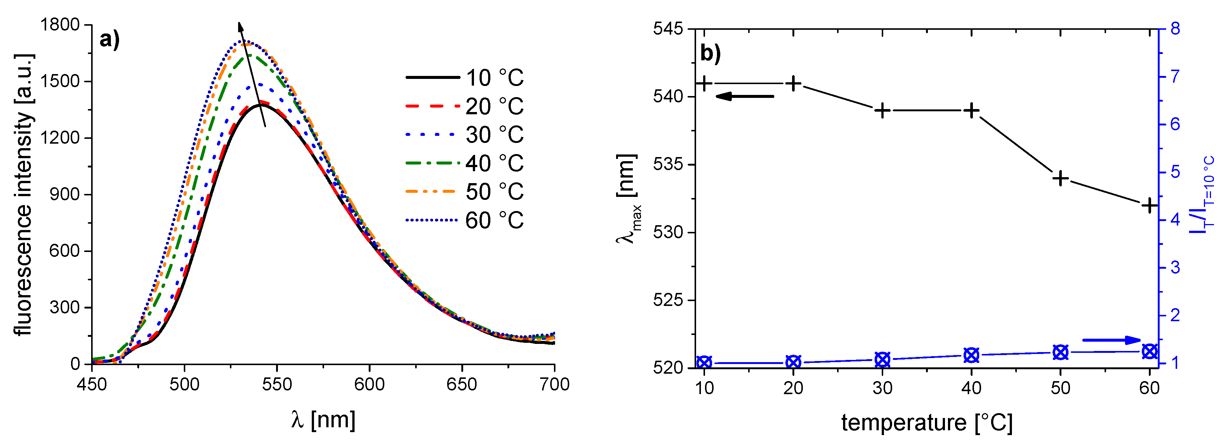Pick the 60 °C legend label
(x=494, y=220)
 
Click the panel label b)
(x=710, y=54)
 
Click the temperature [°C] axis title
(x=926, y=423)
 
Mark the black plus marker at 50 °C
(x=1061, y=178)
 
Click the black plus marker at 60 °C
(x=1149, y=205)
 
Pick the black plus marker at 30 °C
(x=882, y=111)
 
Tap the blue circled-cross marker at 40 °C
(x=971, y=355)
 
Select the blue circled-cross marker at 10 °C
(x=704, y=363)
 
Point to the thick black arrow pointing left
(x=744, y=96)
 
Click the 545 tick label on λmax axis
(x=667, y=29)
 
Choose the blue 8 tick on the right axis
(x=1175, y=29)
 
